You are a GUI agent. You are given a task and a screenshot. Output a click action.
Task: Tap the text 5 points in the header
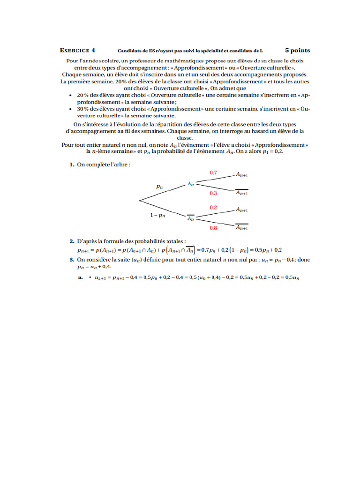click(x=297, y=50)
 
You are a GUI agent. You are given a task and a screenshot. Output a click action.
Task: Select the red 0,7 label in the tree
click(x=213, y=173)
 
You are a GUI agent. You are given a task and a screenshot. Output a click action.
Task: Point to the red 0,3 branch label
click(x=213, y=193)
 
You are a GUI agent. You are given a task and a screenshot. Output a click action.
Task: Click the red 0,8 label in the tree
click(x=213, y=228)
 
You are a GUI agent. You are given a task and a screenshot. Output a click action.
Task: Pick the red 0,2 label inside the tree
click(x=213, y=207)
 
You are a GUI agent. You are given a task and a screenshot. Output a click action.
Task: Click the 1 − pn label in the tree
click(x=157, y=216)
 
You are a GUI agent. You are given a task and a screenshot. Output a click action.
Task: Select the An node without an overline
click(x=191, y=184)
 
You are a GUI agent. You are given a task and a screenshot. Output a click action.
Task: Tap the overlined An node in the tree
click(x=191, y=218)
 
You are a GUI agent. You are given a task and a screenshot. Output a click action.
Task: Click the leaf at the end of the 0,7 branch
click(x=241, y=174)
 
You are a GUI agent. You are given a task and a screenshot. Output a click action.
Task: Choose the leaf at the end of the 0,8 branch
click(x=241, y=228)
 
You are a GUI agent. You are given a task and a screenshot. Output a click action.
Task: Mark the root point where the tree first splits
click(x=139, y=201)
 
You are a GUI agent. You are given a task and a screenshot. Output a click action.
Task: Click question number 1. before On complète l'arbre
click(x=72, y=165)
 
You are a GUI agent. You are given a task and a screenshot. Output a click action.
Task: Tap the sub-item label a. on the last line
click(x=81, y=277)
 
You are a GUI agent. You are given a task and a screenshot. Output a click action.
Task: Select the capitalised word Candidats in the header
click(x=128, y=51)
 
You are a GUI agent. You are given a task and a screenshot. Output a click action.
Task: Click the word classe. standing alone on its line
click(x=185, y=138)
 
